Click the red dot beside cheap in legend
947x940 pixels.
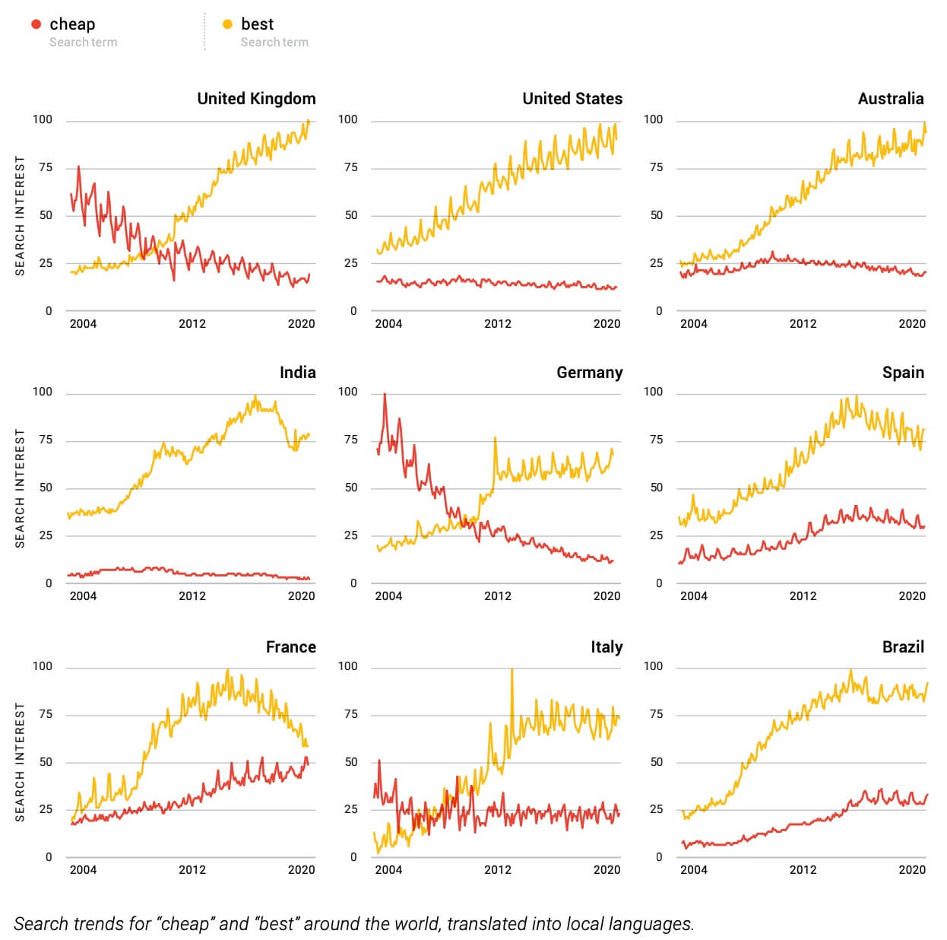(36, 24)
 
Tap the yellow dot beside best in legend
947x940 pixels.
(227, 24)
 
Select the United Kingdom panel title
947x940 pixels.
(256, 99)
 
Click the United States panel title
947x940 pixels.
(572, 99)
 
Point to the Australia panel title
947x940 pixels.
(890, 99)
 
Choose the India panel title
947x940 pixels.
(297, 373)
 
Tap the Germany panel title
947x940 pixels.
(589, 373)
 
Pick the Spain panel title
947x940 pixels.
(903, 373)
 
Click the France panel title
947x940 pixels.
(290, 647)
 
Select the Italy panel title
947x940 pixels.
(607, 647)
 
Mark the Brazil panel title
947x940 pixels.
(903, 647)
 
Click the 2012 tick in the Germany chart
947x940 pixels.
(498, 596)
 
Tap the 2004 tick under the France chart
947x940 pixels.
(83, 870)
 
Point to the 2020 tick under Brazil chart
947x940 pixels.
(912, 870)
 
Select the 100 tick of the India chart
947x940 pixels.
(43, 392)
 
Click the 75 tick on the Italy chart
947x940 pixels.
(350, 714)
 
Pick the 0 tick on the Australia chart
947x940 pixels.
(659, 311)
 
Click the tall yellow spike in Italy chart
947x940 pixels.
(512, 672)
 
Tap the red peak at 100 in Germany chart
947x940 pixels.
(385, 395)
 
